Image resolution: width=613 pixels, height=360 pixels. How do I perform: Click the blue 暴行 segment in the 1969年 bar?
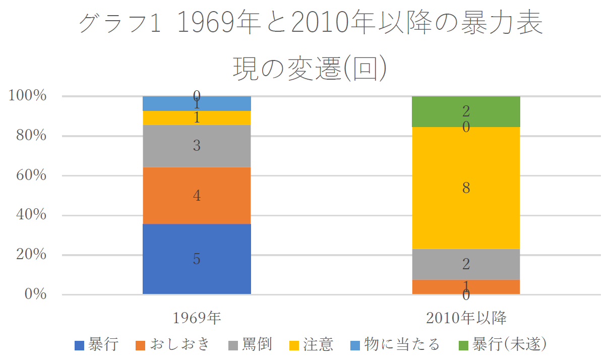click(x=197, y=272)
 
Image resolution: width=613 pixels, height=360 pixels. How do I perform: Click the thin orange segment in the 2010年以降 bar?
click(x=466, y=287)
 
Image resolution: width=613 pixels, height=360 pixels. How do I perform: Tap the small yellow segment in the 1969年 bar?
click(x=197, y=118)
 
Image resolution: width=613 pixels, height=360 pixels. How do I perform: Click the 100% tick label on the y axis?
click(x=29, y=96)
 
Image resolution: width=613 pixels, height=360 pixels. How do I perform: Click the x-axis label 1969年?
click(x=197, y=318)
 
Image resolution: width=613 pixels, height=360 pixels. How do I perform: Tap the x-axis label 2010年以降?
click(x=466, y=318)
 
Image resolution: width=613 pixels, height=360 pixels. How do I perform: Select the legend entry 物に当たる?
click(x=396, y=345)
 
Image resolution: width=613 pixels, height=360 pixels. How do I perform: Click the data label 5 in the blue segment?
click(x=197, y=259)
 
